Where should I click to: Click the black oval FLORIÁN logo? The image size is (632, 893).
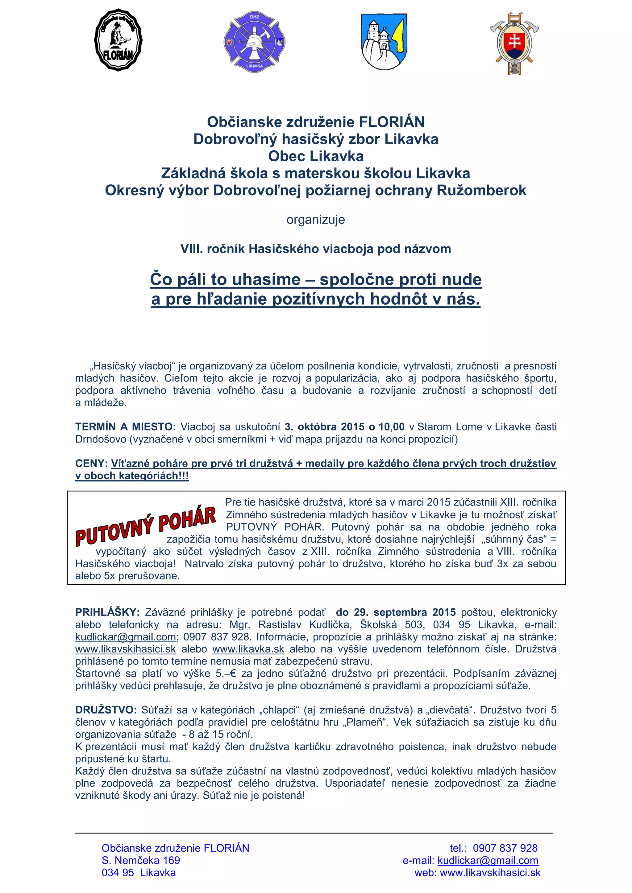coord(118,40)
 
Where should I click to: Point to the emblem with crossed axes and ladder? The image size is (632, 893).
coord(514,43)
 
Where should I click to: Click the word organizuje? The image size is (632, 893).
coord(316,220)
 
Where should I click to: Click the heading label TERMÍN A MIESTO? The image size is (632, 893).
coord(125,427)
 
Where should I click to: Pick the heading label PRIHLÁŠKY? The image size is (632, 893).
coord(107,612)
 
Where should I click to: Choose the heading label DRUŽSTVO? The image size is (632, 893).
coord(106,710)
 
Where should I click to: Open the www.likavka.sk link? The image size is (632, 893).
coord(248,649)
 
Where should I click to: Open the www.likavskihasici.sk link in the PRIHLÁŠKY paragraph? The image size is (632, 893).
coord(125,649)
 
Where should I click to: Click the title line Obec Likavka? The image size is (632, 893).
coord(316,156)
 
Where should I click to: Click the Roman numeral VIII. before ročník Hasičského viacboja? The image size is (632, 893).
coord(192,249)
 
